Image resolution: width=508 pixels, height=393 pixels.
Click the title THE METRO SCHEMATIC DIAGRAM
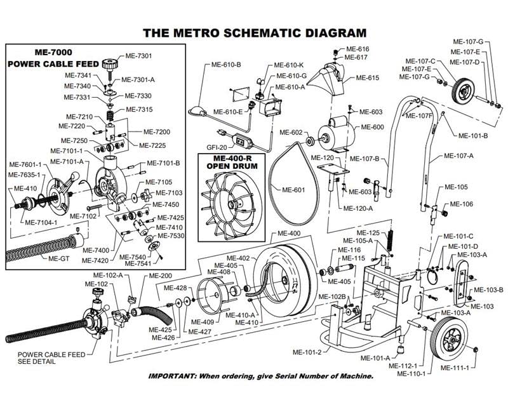[x=254, y=32]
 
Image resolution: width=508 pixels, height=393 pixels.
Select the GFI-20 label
[x=216, y=147]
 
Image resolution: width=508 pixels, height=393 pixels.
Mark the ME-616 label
[x=358, y=49]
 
